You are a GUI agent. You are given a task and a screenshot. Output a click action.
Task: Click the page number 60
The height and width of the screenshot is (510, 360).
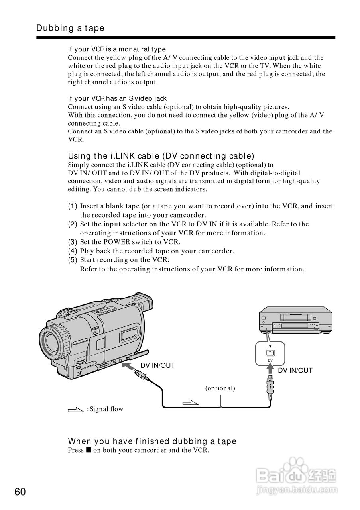(x=20, y=492)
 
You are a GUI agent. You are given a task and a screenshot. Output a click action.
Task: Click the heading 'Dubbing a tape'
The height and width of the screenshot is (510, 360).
(x=70, y=28)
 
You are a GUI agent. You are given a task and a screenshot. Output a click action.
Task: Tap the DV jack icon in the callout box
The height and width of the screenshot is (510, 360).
(x=270, y=353)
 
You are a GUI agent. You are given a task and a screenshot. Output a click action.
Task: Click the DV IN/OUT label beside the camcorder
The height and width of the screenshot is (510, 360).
(x=157, y=365)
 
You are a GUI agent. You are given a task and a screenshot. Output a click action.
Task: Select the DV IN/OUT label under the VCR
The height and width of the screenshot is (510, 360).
(x=295, y=370)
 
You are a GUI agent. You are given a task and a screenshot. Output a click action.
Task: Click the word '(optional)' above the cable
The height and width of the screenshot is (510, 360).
(x=220, y=388)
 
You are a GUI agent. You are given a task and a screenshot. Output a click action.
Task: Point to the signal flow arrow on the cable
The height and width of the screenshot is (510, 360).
(x=190, y=403)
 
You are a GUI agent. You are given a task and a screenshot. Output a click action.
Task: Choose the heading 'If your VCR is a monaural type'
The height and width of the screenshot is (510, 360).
(x=117, y=49)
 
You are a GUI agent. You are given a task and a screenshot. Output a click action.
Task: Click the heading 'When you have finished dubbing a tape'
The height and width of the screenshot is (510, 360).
(x=152, y=441)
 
